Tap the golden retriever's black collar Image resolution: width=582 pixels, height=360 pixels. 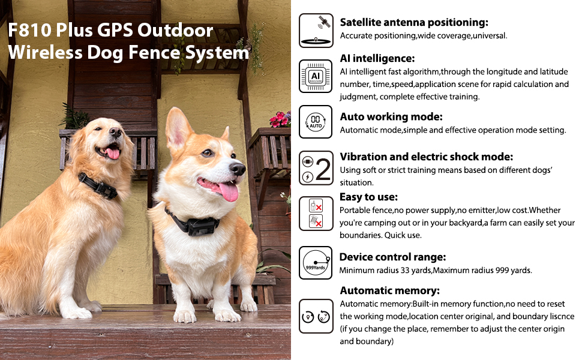99,187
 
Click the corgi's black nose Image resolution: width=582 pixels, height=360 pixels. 238,169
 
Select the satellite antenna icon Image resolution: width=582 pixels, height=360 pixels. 316,31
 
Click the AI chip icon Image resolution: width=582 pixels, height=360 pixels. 316,76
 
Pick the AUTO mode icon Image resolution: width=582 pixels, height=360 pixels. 316,122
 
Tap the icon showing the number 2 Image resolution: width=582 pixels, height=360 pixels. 316,168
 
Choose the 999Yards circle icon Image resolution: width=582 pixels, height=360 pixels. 316,263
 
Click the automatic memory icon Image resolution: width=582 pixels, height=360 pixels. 316,316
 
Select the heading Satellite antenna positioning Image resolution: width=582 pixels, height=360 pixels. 414,23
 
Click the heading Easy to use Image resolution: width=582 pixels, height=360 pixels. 368,197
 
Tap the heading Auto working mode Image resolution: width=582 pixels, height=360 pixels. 391,116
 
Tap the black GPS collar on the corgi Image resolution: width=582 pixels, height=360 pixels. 194,225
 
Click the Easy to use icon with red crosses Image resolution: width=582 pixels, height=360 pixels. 316,214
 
